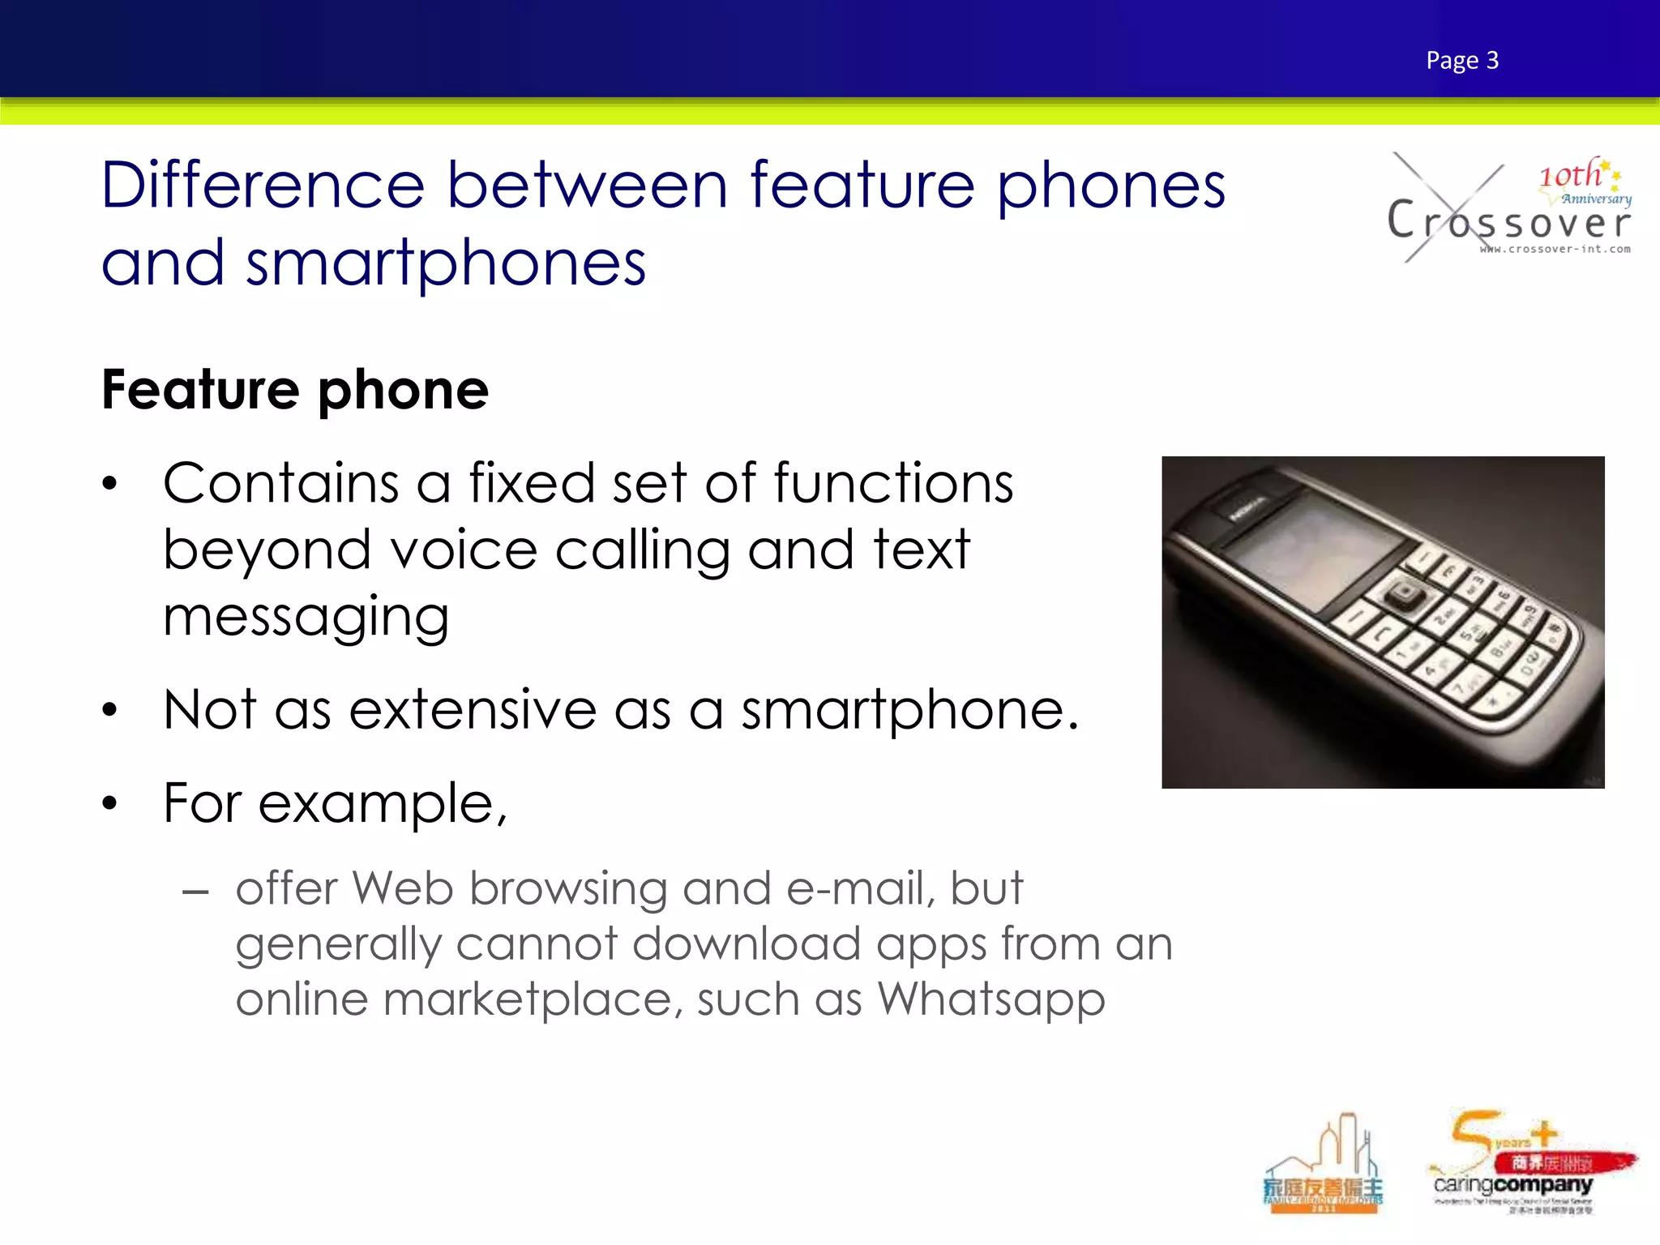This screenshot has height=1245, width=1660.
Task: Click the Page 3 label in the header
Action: tap(1462, 61)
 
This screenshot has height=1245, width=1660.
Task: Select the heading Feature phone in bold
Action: tap(295, 390)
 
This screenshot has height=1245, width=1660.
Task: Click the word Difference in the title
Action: tap(263, 186)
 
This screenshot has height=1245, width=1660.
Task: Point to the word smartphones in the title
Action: tap(446, 264)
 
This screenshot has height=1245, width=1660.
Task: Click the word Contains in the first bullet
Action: tap(280, 484)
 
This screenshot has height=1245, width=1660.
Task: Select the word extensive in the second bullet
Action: tap(473, 710)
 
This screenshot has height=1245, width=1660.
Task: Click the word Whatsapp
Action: tap(991, 999)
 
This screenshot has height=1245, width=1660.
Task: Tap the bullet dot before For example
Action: tap(110, 804)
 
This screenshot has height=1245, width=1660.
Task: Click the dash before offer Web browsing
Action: tap(195, 893)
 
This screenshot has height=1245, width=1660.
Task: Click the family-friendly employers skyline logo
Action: tap(1324, 1166)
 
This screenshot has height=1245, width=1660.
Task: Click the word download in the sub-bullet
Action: tap(746, 944)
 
